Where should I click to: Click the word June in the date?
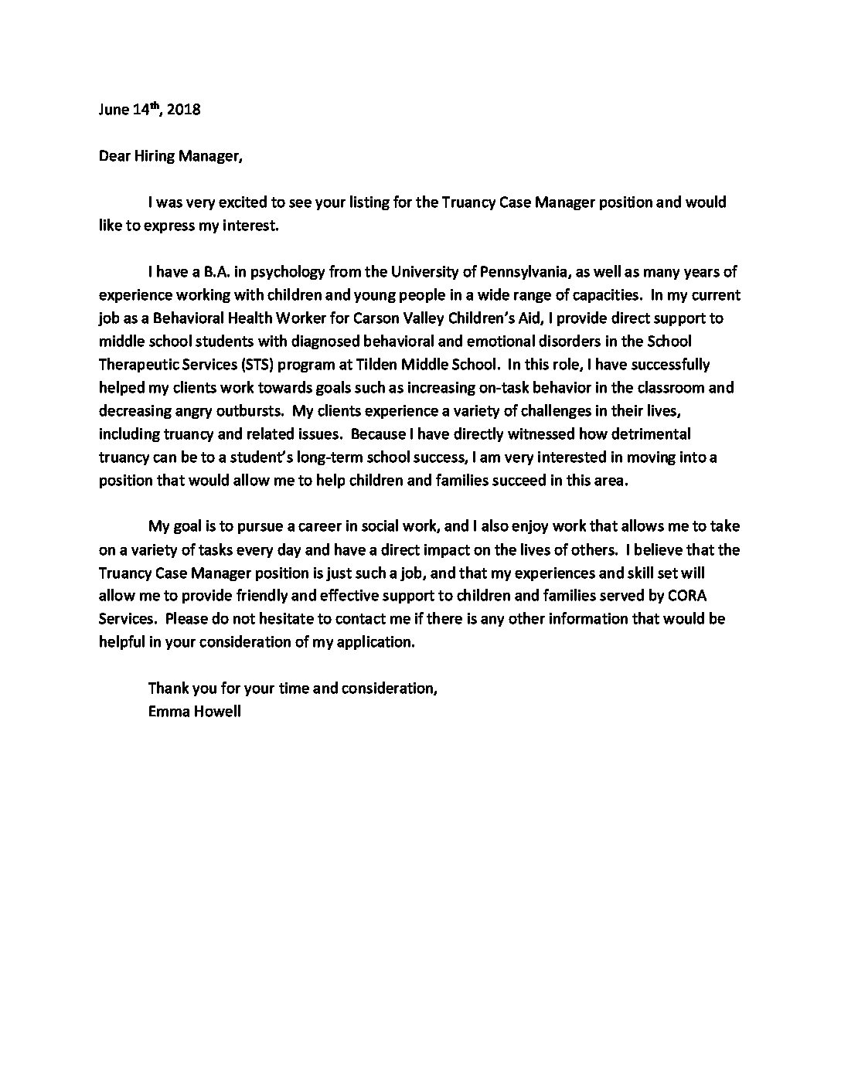tap(114, 110)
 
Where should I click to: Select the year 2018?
tap(183, 110)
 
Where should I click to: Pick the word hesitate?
tap(269, 620)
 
